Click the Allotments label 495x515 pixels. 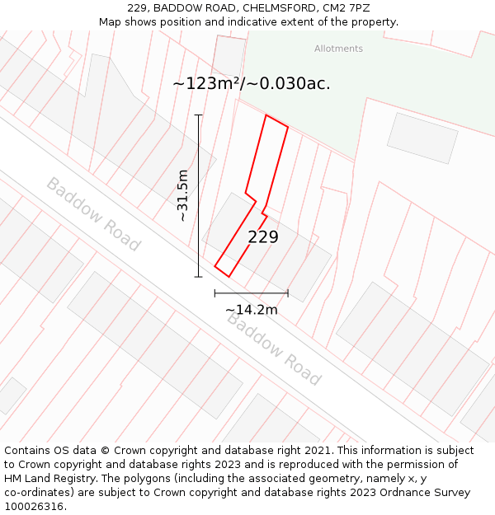click(x=338, y=49)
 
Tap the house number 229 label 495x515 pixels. click(x=263, y=237)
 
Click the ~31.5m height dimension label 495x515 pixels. click(x=183, y=195)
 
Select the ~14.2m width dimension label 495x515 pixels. click(x=252, y=310)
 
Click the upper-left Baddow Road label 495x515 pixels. click(x=93, y=214)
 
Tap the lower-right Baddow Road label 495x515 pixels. click(x=274, y=349)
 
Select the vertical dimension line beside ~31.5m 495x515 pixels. click(x=199, y=195)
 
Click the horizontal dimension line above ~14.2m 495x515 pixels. click(x=252, y=293)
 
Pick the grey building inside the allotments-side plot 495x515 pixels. click(x=422, y=138)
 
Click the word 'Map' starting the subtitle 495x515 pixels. click(x=111, y=21)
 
